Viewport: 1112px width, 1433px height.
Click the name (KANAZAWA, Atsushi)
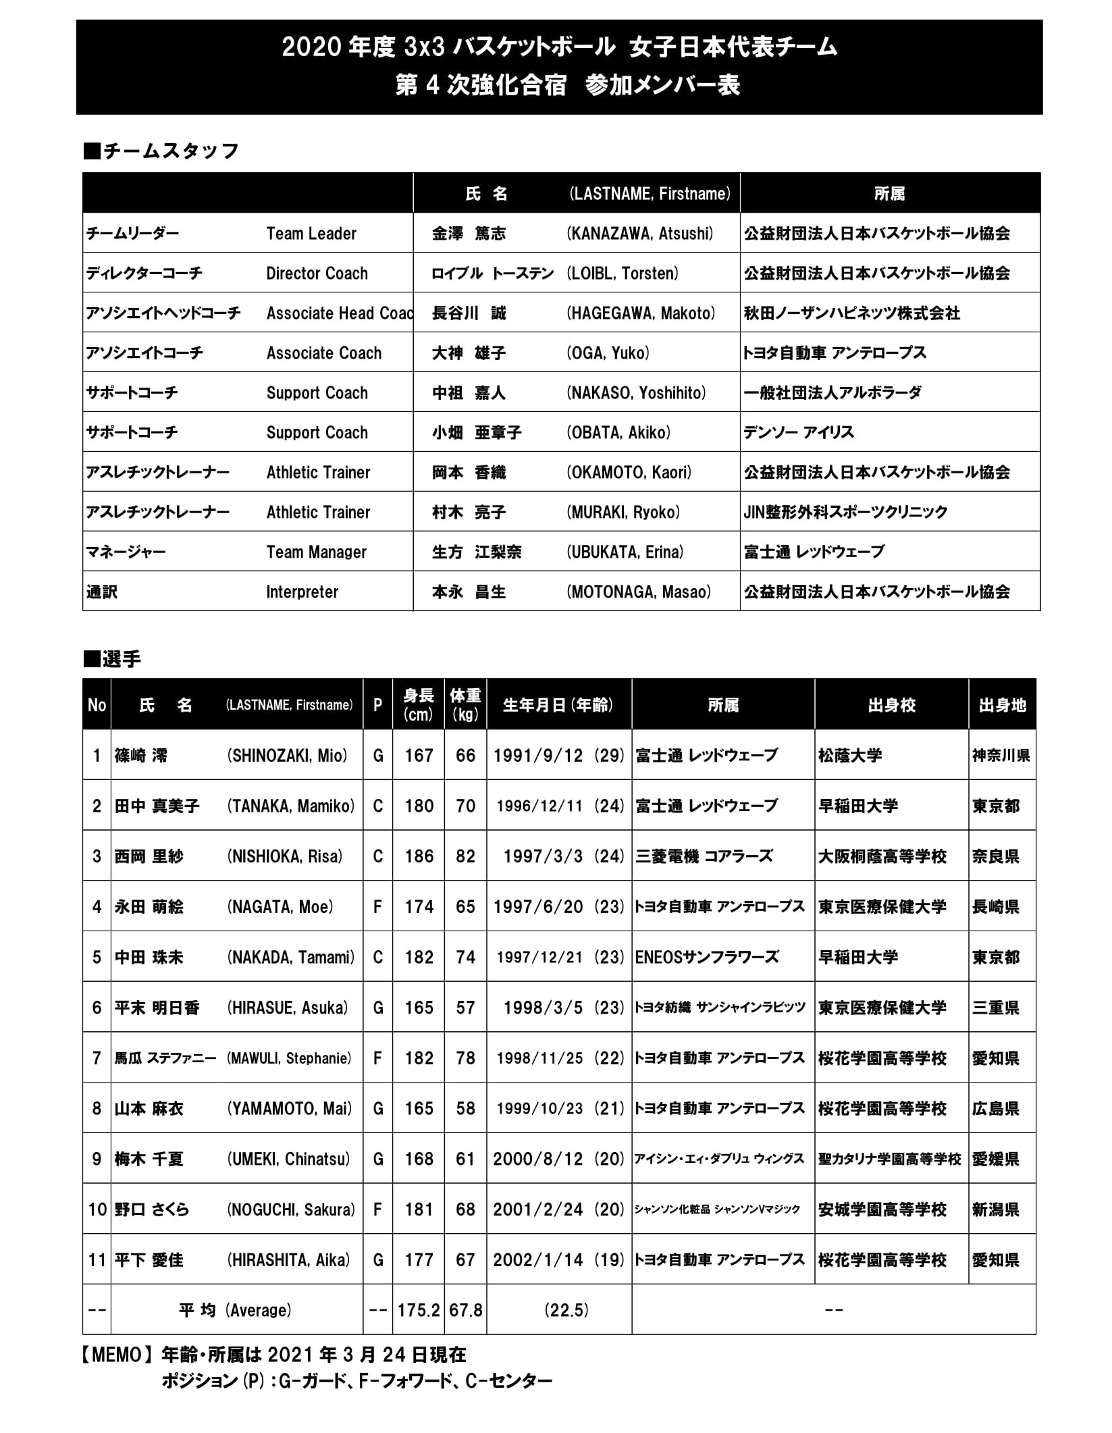(x=639, y=234)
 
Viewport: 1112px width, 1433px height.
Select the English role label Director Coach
(x=317, y=273)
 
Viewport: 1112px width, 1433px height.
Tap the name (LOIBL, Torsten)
(x=622, y=273)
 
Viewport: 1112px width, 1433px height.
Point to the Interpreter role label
(x=302, y=592)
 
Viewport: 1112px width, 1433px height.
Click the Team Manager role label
(x=316, y=552)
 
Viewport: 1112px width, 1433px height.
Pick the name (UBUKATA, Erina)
(x=625, y=552)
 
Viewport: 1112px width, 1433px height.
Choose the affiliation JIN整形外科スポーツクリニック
(x=845, y=513)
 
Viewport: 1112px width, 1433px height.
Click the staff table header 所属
(x=889, y=194)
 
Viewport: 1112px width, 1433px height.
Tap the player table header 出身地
(x=1002, y=706)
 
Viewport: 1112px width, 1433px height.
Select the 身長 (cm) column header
(x=419, y=705)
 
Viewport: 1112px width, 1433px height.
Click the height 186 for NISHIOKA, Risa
(x=419, y=856)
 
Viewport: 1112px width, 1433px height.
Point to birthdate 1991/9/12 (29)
(x=558, y=756)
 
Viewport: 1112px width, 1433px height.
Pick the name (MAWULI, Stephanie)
(x=289, y=1058)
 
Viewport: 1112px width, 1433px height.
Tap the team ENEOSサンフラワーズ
(x=707, y=957)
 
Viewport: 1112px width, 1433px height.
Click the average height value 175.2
(x=419, y=1311)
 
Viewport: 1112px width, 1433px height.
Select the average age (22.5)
(x=566, y=1311)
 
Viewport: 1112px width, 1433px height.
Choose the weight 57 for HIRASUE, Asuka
(x=465, y=1008)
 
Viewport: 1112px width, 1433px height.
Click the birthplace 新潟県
(x=995, y=1209)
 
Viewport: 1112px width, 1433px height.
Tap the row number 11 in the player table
(x=97, y=1260)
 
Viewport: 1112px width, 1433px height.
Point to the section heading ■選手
(x=112, y=659)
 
